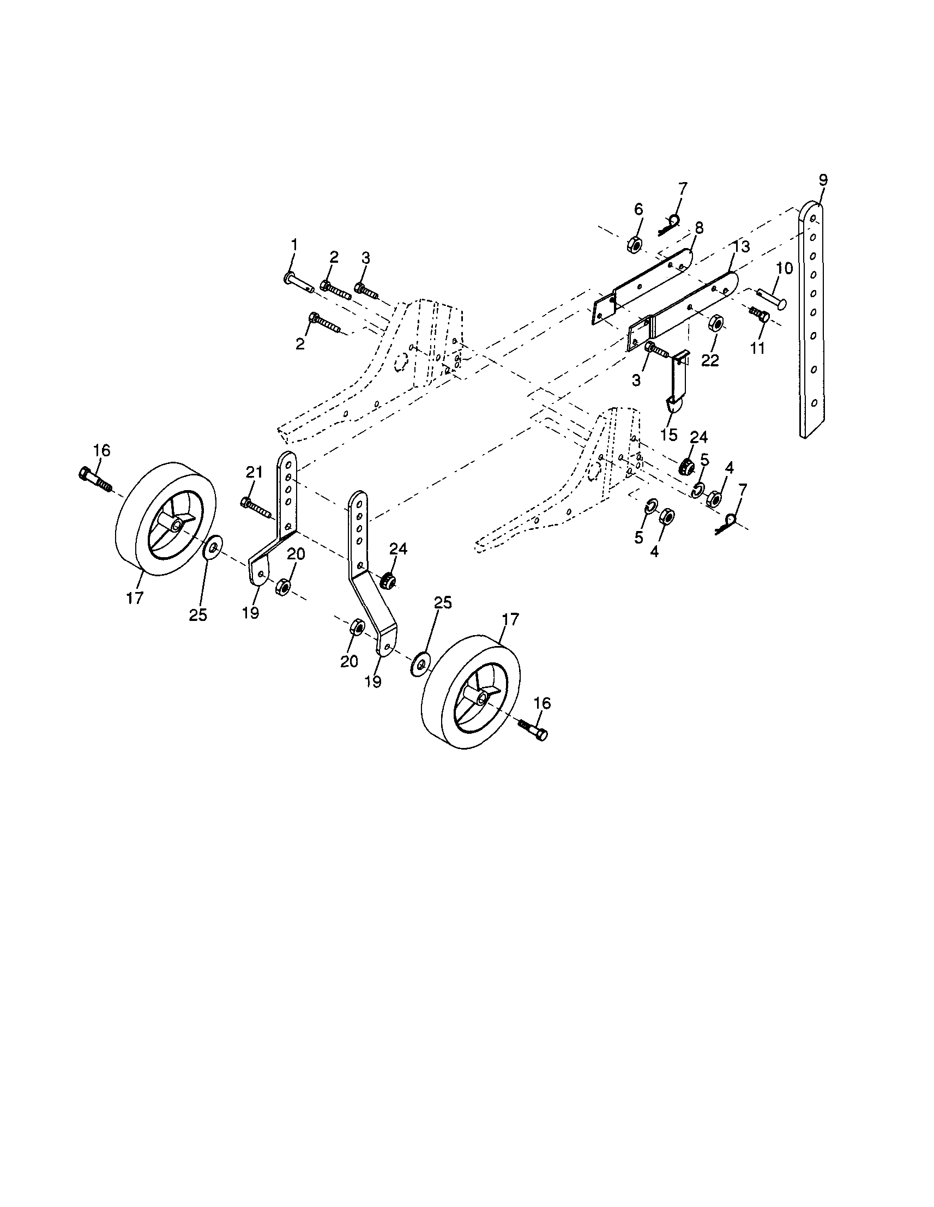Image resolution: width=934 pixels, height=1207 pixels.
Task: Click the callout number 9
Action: pos(823,179)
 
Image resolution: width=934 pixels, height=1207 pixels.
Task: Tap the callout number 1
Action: pos(294,244)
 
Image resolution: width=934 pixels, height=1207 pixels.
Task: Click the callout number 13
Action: pos(742,247)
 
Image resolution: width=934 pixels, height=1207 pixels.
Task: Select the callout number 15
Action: pos(668,434)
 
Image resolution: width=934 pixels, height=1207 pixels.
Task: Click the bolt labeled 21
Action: pos(255,508)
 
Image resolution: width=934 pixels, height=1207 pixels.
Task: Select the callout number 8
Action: pos(699,228)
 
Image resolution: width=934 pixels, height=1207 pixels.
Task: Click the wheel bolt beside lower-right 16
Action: pos(533,728)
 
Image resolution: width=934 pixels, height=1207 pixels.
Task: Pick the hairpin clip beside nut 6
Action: pos(670,225)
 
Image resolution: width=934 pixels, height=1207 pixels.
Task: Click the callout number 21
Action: pos(254,473)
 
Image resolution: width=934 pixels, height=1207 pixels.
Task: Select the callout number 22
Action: pos(710,360)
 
